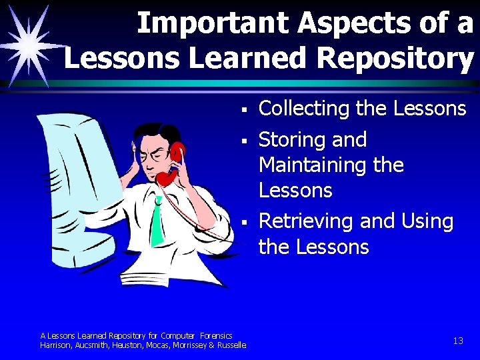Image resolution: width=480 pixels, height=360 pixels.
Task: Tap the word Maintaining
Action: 312,164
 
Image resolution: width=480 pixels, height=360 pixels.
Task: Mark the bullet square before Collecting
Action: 245,109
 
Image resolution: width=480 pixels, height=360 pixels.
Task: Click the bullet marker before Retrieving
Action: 245,221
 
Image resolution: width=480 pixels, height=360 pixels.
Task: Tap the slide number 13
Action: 457,341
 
